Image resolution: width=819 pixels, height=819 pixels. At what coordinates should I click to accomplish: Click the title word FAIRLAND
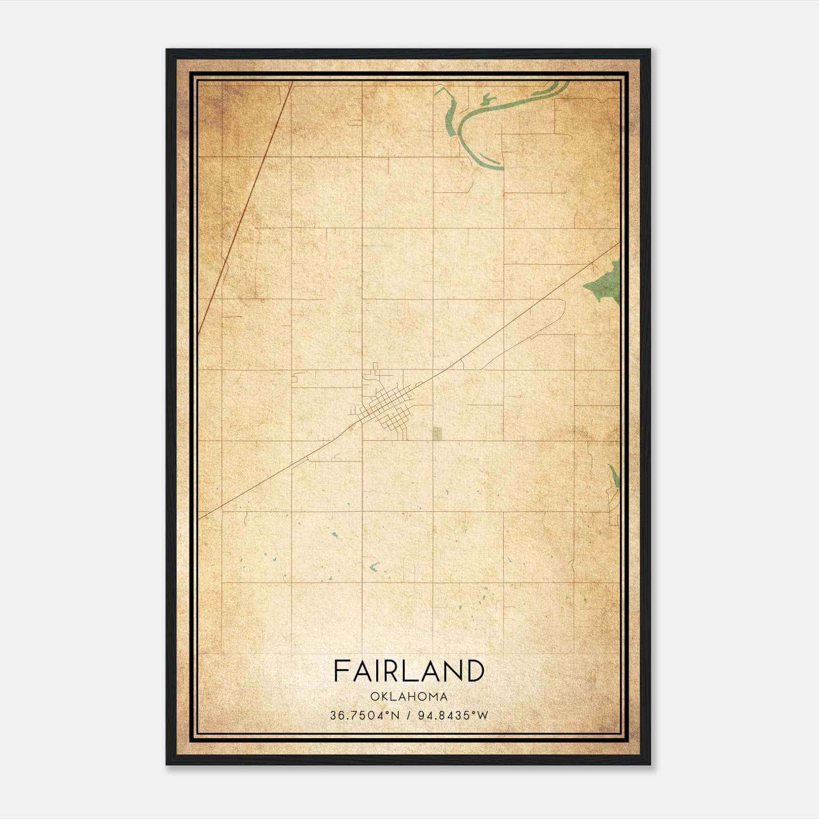click(x=409, y=671)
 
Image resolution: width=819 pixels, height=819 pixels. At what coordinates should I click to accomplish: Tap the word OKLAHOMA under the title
click(x=409, y=697)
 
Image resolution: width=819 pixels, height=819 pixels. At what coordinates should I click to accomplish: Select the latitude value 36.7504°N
click(x=364, y=715)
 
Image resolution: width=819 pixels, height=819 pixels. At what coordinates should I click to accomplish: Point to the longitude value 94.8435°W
click(x=454, y=715)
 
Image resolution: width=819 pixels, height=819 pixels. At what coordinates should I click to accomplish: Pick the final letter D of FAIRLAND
click(x=475, y=671)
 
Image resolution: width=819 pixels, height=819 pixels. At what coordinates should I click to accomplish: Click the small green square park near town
click(x=437, y=434)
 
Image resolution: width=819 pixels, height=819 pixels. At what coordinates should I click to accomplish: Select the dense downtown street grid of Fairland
click(x=386, y=407)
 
